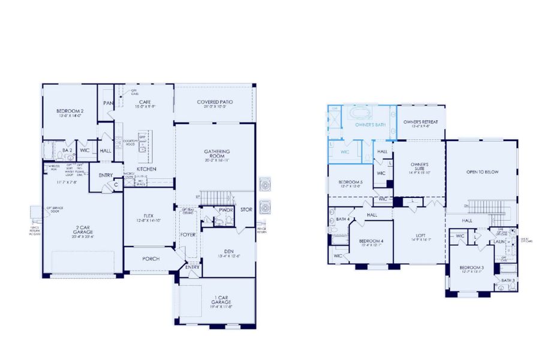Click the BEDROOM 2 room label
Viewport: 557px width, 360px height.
[x=70, y=111]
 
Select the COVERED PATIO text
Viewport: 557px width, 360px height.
[x=215, y=102]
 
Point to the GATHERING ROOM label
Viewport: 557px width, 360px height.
[x=216, y=154]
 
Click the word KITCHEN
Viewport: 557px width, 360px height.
[x=146, y=169]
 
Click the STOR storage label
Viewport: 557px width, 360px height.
[x=246, y=210]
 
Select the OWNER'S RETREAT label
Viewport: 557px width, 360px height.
[x=420, y=122]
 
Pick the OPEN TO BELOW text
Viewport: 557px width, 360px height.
[x=483, y=172]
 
